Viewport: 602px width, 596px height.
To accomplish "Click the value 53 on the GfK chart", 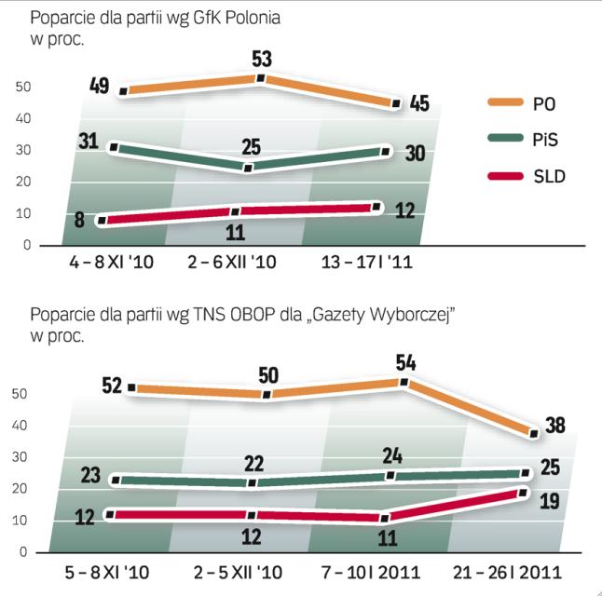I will (262, 60).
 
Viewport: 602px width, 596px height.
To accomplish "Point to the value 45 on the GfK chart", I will (419, 103).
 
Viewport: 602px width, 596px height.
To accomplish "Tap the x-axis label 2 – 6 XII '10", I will (233, 264).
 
